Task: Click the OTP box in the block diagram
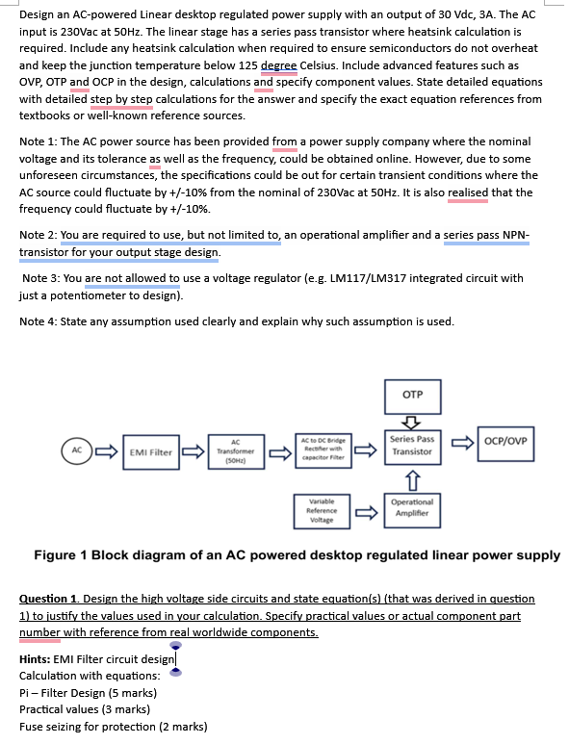tap(412, 397)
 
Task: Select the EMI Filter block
tap(151, 452)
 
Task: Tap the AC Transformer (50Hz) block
tap(236, 451)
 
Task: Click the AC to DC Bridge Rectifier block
tap(323, 450)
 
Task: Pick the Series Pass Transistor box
tap(412, 447)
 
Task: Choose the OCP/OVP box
tap(505, 444)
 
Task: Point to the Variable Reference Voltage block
tap(322, 511)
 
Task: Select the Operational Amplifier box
tap(412, 510)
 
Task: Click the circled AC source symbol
tap(77, 450)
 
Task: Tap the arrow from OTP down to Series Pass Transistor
tap(412, 422)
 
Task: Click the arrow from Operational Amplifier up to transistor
tap(412, 480)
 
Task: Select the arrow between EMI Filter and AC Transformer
tap(194, 451)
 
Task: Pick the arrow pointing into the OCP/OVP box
tap(462, 443)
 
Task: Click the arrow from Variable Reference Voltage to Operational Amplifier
tap(367, 512)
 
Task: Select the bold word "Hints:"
tap(35, 659)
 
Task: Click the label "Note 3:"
tap(40, 278)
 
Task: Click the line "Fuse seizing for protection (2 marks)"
tap(114, 727)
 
